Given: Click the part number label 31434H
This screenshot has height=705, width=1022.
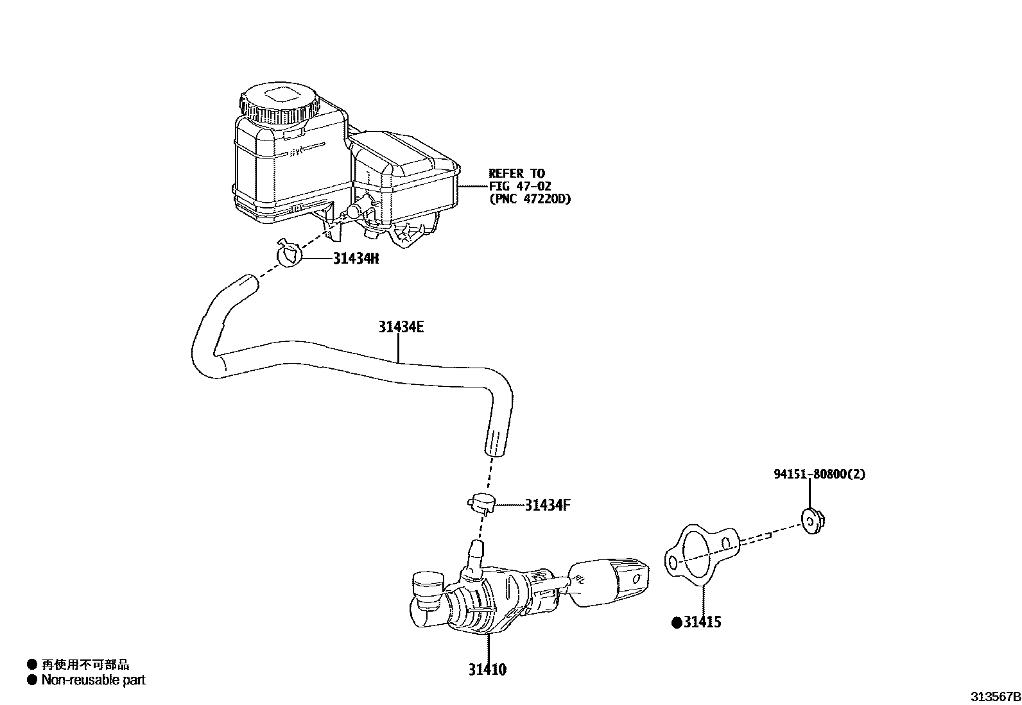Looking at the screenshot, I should [356, 259].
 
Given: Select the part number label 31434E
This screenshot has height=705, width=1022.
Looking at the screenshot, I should [401, 327].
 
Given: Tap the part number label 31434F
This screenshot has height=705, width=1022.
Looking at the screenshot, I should [548, 505].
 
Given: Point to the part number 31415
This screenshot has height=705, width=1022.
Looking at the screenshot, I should [702, 622].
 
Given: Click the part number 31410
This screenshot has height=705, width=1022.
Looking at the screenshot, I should [487, 670].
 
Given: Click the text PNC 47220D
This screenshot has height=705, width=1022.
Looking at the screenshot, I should [530, 199].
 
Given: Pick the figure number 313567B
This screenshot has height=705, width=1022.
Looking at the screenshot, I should [994, 696].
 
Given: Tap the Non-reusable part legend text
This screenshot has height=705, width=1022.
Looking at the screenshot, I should [93, 680].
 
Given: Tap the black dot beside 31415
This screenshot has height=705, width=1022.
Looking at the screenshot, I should [676, 622].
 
